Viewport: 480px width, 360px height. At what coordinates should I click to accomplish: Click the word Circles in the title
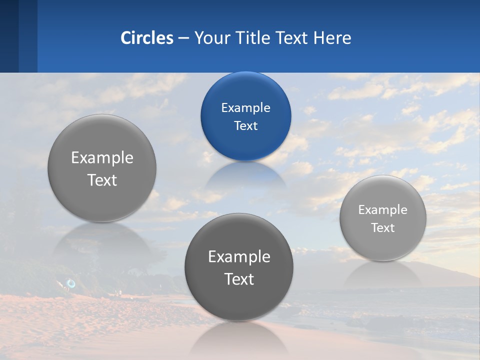coord(146,38)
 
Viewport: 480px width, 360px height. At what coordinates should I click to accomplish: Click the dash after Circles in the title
coord(183,38)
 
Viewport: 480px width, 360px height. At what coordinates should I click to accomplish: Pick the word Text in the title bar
coord(293,38)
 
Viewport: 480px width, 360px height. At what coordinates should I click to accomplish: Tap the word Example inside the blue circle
coord(245,107)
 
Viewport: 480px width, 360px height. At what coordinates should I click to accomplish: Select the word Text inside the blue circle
coord(245,125)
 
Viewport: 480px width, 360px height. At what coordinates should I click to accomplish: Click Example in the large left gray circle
coord(102,157)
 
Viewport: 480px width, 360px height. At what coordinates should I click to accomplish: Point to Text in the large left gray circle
coord(102,180)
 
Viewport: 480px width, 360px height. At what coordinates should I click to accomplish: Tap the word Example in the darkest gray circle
coord(239,256)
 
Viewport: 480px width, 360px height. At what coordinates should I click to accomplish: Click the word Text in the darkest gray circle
coord(239,279)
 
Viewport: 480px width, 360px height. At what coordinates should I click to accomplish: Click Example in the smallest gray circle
coord(383,209)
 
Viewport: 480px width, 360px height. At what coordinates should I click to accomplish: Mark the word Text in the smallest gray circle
coord(383,227)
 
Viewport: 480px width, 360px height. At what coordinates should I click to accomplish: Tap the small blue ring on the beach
coord(71,283)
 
